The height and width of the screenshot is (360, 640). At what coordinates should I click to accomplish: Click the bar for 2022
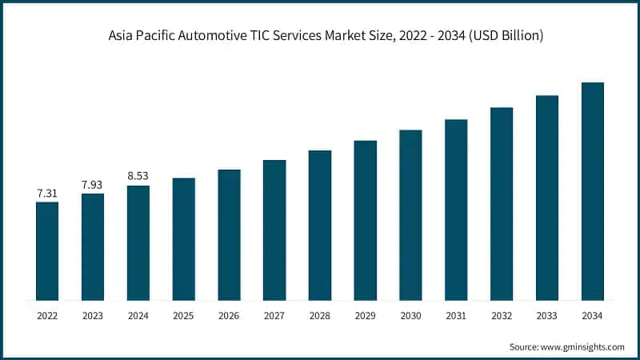point(47,251)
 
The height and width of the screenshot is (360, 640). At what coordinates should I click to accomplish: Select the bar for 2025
point(183,239)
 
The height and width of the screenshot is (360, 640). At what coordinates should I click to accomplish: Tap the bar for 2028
point(320,226)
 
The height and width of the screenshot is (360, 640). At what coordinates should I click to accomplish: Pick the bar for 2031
point(456,210)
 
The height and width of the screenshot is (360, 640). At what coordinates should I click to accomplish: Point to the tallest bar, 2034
point(592,192)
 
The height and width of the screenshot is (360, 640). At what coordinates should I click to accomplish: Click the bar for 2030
point(410,215)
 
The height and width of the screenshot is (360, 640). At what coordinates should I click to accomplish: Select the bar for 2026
point(229,235)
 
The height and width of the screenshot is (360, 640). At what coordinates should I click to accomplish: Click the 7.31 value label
point(47,194)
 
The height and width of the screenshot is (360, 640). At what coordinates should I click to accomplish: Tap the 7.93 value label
point(93,185)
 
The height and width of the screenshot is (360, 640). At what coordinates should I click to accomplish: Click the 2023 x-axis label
point(93,316)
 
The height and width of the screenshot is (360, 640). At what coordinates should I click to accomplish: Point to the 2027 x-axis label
point(274,316)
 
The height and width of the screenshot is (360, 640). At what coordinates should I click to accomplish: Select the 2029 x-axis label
point(365,316)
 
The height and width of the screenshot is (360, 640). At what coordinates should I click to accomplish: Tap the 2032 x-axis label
point(502,316)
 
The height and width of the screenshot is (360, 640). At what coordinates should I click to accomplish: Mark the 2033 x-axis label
point(547,316)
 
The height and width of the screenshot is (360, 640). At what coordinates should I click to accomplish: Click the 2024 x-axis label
point(138,316)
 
